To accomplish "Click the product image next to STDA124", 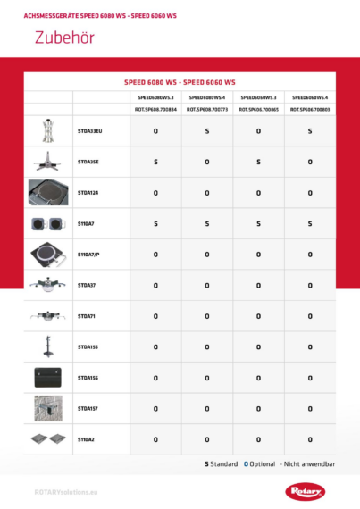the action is pyautogui.click(x=48, y=192).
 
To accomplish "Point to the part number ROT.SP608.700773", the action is pyautogui.click(x=207, y=108).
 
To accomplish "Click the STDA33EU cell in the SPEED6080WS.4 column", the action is pyautogui.click(x=207, y=131).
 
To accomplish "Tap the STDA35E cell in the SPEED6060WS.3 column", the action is pyautogui.click(x=258, y=162).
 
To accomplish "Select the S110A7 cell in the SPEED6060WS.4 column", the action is pyautogui.click(x=310, y=223).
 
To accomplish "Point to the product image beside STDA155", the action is pyautogui.click(x=48, y=346).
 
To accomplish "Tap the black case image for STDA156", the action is pyautogui.click(x=48, y=378).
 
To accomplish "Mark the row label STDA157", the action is pyautogui.click(x=88, y=409).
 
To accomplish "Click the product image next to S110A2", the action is pyautogui.click(x=48, y=439).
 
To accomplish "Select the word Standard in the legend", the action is pyautogui.click(x=223, y=464).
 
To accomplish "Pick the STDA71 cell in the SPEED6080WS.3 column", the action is pyautogui.click(x=155, y=316).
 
